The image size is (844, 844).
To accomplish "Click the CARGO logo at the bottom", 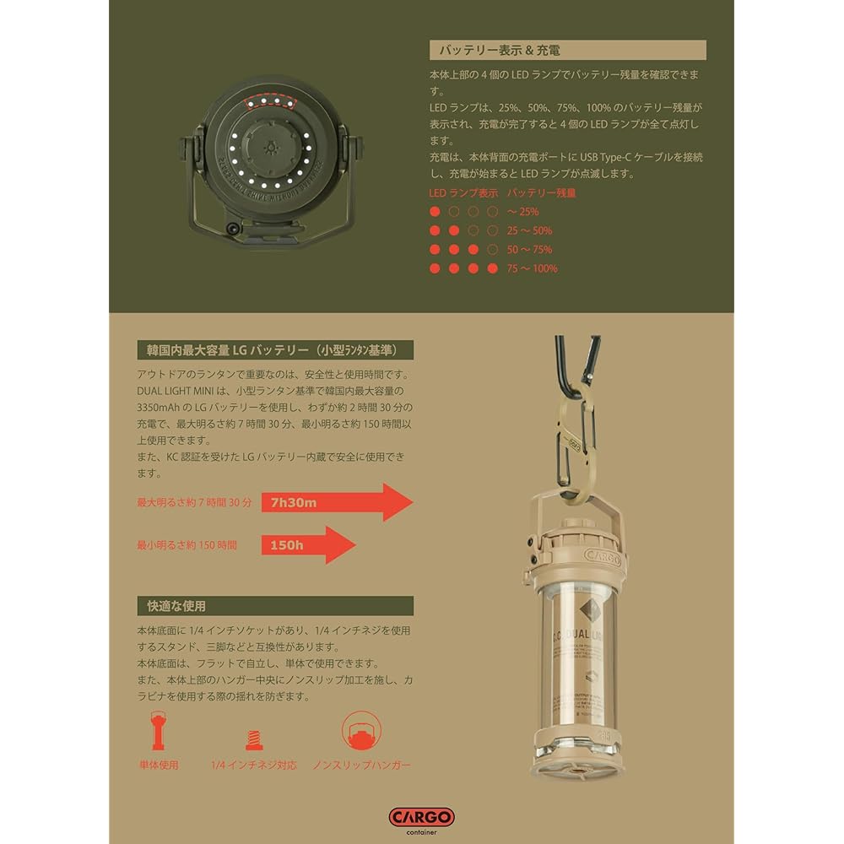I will (x=421, y=817).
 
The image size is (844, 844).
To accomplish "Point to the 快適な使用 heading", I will (x=171, y=606).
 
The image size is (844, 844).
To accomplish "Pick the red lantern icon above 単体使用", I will (x=158, y=732).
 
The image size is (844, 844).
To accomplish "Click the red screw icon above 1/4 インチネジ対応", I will (x=252, y=740).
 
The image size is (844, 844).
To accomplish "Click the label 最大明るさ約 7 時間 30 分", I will (x=194, y=503).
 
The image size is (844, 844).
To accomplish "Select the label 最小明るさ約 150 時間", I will (x=187, y=545).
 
